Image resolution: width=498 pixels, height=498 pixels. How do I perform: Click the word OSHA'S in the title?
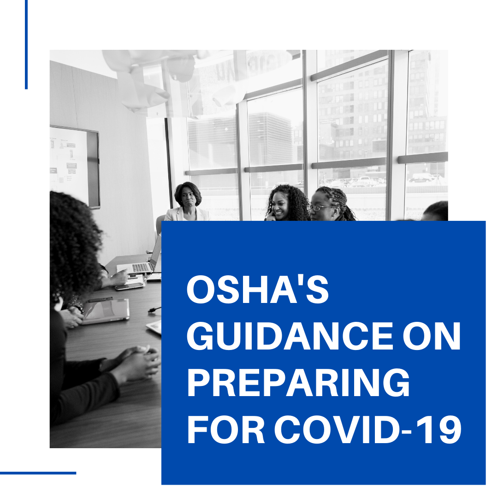(258, 289)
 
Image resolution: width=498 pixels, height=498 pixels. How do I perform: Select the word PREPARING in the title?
(298, 383)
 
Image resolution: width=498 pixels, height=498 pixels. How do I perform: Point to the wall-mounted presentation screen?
(75, 166)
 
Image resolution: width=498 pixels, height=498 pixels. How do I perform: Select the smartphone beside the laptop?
(129, 287)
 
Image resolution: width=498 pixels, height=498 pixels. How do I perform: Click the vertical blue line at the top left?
(26, 44)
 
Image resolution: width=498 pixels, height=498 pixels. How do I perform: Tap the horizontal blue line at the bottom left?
(38, 473)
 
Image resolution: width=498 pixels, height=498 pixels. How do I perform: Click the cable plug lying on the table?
(154, 310)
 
